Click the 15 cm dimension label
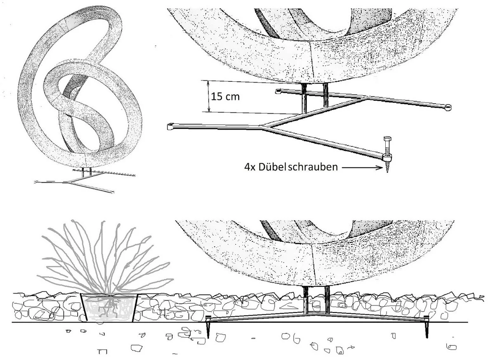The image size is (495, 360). coord(225,97)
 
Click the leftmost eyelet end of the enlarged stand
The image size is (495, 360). coord(170,126)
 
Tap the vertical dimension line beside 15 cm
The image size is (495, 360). coord(209,97)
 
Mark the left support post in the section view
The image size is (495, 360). coord(306,300)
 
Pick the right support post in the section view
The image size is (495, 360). coord(327,300)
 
